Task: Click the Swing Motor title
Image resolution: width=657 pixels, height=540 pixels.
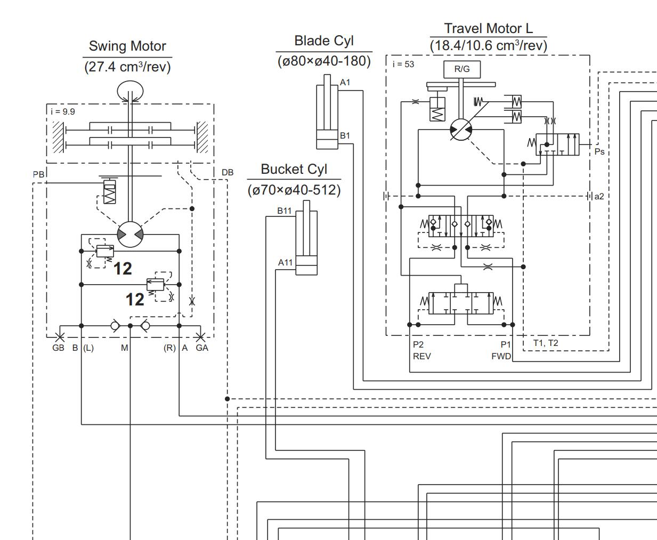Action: (x=127, y=46)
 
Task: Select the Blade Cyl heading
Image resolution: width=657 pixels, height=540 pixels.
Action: (x=324, y=41)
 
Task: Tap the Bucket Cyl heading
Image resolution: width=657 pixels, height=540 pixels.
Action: (x=294, y=170)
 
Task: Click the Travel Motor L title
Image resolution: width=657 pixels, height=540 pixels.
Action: (x=488, y=28)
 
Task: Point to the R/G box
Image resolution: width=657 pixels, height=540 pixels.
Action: (x=462, y=69)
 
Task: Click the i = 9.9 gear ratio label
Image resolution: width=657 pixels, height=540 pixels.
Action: (x=63, y=111)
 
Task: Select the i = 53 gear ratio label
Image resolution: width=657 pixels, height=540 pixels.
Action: (x=403, y=64)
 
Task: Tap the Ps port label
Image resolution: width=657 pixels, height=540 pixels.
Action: (x=599, y=152)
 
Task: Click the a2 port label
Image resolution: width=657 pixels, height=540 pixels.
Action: (x=599, y=197)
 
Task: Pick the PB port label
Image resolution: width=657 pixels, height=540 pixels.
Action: (x=38, y=175)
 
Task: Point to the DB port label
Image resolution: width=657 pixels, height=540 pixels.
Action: (x=228, y=173)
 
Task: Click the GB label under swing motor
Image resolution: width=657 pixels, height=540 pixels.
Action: (x=58, y=348)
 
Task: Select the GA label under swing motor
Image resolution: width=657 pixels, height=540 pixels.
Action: (x=202, y=348)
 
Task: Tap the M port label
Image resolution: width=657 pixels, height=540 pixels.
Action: (x=124, y=348)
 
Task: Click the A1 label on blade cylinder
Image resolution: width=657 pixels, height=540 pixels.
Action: (x=345, y=83)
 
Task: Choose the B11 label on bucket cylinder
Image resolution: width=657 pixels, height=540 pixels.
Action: (x=285, y=211)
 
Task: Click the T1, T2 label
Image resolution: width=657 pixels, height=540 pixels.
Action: (x=546, y=343)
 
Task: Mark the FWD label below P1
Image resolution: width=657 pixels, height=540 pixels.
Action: (x=501, y=356)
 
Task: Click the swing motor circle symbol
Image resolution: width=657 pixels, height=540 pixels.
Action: (x=130, y=235)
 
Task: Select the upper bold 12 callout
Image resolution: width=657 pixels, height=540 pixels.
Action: (x=123, y=269)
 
